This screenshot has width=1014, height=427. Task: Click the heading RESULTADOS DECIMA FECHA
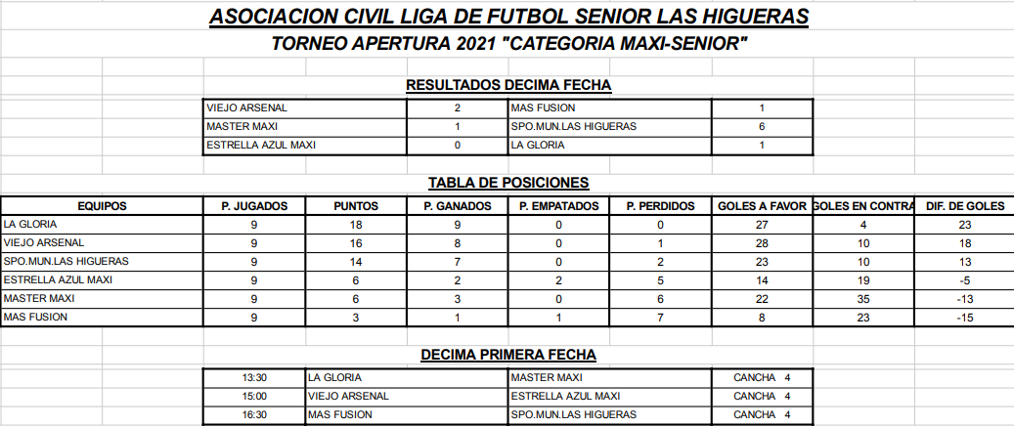tap(508, 85)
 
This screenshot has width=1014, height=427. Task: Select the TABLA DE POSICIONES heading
tap(508, 183)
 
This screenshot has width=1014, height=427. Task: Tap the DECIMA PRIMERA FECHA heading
tap(508, 356)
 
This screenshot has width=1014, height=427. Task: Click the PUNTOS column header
tap(355, 206)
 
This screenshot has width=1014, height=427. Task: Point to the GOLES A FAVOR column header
tap(761, 206)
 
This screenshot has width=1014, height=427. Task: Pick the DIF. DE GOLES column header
tap(964, 206)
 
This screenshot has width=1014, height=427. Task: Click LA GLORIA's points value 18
tap(355, 225)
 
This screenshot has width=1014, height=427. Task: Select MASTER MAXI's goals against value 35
tap(862, 299)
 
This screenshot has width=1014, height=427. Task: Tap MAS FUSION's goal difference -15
tap(964, 318)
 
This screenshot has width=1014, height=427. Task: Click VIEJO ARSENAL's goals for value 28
tap(761, 243)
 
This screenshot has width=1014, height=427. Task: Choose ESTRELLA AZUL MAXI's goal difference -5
tap(964, 280)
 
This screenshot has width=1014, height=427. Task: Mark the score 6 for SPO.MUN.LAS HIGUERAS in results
tap(761, 127)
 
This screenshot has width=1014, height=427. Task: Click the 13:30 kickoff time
tap(254, 377)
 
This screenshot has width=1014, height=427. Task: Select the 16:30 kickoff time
tap(254, 415)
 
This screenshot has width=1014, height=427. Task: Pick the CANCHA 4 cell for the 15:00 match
tap(761, 397)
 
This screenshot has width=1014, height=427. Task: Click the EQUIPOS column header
tap(102, 206)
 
